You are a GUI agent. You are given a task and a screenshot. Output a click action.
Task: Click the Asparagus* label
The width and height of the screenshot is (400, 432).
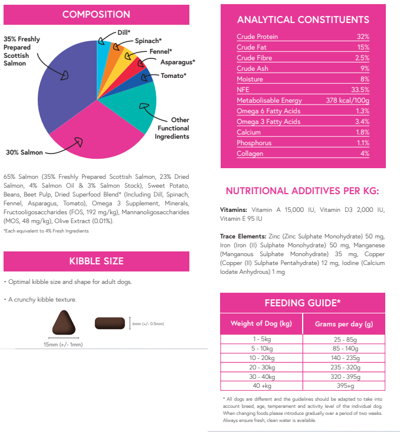(x=178, y=61)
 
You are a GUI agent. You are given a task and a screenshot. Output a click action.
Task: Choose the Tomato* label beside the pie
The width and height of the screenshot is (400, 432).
(x=173, y=76)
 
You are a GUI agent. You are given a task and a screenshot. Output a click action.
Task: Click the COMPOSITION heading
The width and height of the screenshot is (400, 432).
(x=96, y=14)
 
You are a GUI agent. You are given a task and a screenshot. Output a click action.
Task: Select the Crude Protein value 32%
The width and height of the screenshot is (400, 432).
(x=362, y=37)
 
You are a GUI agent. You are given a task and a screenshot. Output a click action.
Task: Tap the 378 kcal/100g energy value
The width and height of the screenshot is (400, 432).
(x=347, y=100)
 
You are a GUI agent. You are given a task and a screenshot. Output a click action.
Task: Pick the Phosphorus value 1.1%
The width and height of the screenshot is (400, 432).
(x=363, y=143)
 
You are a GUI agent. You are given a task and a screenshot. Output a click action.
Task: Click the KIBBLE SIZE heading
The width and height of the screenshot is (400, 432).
(x=96, y=261)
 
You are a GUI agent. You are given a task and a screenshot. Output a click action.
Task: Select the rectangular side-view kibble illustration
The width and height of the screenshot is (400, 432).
(x=110, y=323)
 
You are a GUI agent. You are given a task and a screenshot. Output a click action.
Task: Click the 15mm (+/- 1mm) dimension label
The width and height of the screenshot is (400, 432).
(x=63, y=344)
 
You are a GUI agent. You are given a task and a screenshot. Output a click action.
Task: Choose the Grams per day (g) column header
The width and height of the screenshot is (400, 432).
(x=343, y=323)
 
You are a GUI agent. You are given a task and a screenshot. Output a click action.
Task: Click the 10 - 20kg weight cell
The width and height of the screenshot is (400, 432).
(x=261, y=358)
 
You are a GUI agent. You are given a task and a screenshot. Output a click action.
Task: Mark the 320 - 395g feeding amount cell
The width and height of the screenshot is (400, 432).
(x=343, y=377)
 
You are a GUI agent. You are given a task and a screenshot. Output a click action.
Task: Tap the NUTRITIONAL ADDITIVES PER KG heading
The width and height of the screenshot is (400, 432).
(x=302, y=191)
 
